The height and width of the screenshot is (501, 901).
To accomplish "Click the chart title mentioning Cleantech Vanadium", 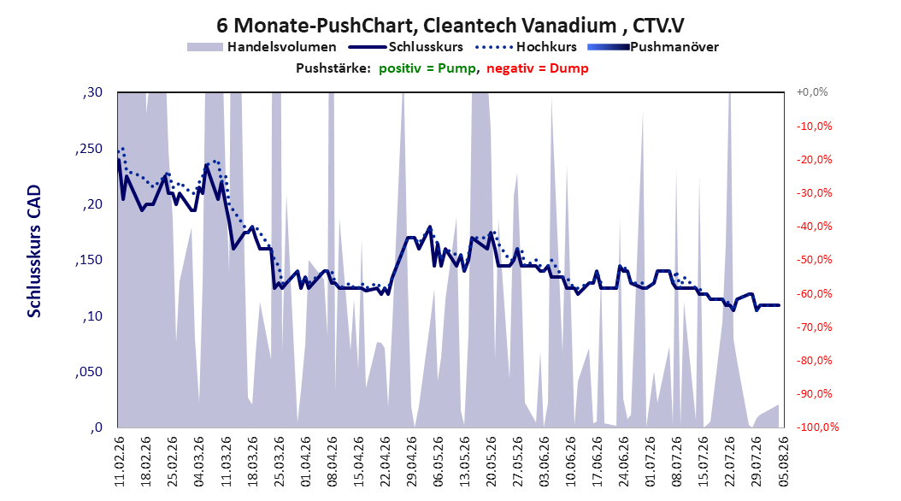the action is pyautogui.click(x=450, y=26).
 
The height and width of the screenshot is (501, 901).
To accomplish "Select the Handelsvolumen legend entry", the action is pyautogui.click(x=262, y=47).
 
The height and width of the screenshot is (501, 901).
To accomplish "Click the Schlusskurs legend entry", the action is pyautogui.click(x=406, y=47).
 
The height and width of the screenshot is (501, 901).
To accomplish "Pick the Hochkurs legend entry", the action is pyautogui.click(x=526, y=47).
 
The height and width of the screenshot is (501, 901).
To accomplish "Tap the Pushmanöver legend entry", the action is pyautogui.click(x=653, y=47).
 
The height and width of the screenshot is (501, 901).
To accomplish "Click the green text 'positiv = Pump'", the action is pyautogui.click(x=427, y=68).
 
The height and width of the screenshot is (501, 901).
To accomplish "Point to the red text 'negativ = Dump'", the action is pyautogui.click(x=538, y=68).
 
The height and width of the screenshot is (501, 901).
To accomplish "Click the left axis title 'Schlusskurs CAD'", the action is pyautogui.click(x=34, y=251).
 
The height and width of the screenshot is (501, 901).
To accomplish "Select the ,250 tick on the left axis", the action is pyautogui.click(x=89, y=148).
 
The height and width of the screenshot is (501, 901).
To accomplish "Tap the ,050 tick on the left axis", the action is pyautogui.click(x=89, y=372).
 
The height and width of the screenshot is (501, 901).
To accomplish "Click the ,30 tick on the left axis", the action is pyautogui.click(x=92, y=92).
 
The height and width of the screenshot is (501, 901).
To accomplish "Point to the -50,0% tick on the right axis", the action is pyautogui.click(x=814, y=260).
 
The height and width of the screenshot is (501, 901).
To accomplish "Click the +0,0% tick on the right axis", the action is pyautogui.click(x=812, y=92).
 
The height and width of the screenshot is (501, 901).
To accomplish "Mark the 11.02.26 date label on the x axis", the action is pyautogui.click(x=120, y=462).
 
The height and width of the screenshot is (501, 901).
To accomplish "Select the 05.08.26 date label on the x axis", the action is pyautogui.click(x=783, y=462).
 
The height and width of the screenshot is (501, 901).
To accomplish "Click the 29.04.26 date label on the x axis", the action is pyautogui.click(x=411, y=462).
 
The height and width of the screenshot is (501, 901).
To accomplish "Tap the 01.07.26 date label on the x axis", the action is pyautogui.click(x=651, y=462).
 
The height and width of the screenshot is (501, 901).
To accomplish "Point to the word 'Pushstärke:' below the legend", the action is pyautogui.click(x=333, y=68).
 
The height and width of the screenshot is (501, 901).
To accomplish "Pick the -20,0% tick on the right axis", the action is pyautogui.click(x=814, y=159).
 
